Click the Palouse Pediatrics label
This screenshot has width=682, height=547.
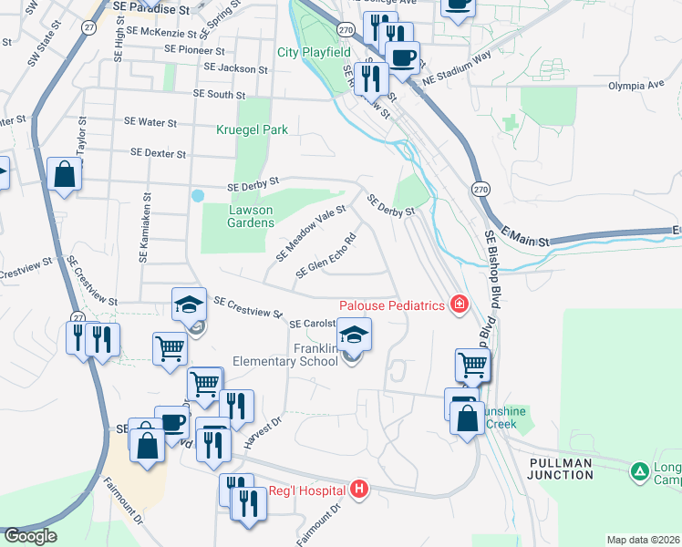click(x=392, y=304)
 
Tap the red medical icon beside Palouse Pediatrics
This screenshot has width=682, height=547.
click(x=459, y=304)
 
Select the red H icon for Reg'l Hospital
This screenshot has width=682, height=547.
click(x=359, y=490)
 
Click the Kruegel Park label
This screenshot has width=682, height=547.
click(x=252, y=129)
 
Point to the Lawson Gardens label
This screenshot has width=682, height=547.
click(x=250, y=216)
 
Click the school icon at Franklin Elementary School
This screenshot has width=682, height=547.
click(x=355, y=335)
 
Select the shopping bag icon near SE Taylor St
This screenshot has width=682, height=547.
click(x=66, y=173)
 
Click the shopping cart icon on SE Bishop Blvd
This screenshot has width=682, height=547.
click(x=472, y=365)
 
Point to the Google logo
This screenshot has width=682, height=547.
click(x=30, y=536)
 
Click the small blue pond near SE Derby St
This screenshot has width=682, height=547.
click(x=197, y=195)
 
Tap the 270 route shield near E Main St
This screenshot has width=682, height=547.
click(x=480, y=188)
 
